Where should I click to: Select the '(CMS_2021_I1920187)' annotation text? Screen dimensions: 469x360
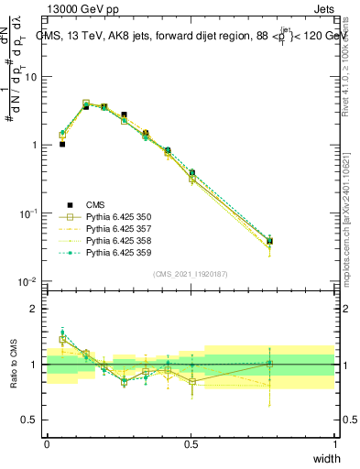tap(191, 273)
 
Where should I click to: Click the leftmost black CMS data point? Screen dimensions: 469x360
tap(62, 144)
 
